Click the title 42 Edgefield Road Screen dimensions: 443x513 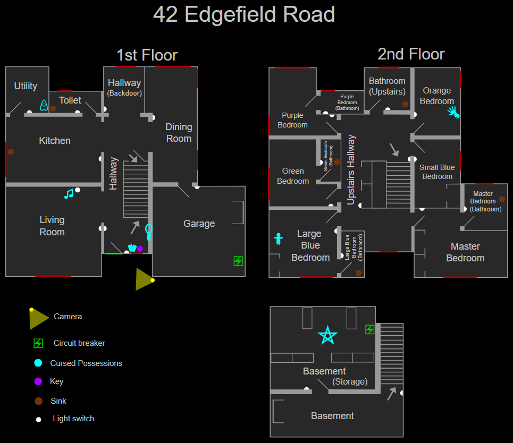244,15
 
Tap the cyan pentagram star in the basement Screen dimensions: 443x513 327,335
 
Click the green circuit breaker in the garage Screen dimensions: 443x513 238,261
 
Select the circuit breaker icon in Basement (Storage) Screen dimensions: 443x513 369,330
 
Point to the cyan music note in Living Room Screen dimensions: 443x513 69,193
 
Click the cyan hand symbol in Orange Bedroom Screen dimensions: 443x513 453,112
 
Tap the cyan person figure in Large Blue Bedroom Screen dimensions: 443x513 278,238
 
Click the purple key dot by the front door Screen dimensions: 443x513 140,249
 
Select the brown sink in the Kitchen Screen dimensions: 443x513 11,152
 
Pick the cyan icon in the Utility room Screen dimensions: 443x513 44,105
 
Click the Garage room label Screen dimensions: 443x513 199,224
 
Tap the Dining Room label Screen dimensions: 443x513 179,133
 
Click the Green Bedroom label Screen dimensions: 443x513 293,176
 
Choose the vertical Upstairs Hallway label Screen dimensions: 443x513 351,169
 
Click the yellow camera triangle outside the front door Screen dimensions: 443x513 144,279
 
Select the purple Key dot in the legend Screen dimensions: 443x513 38,381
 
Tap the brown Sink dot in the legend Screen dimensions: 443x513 38,401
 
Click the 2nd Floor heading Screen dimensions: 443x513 411,54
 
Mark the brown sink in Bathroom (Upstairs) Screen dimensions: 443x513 405,104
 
